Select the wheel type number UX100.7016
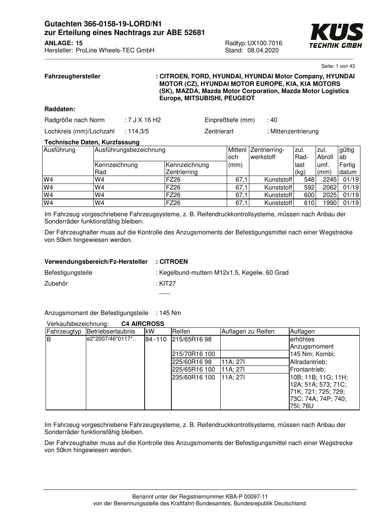265,43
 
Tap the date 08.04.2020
263,50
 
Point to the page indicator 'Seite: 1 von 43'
338,66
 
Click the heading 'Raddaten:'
60,109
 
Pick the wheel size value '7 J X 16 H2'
144,120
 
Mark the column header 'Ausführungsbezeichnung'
130,150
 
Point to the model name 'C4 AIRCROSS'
143,324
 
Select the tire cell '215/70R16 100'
193,354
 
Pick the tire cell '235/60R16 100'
193,378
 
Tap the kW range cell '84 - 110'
156,339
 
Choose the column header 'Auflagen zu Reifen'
248,332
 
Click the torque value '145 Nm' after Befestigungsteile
170,313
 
